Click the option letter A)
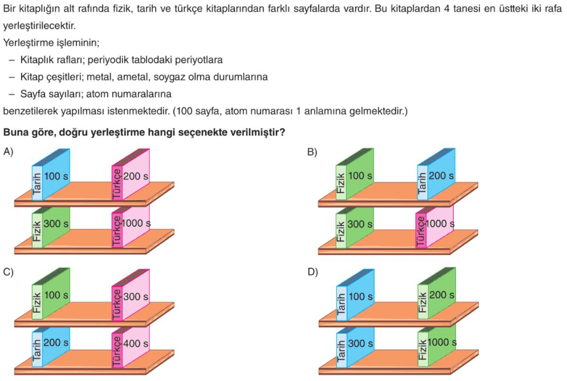(8, 152)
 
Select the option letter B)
(312, 152)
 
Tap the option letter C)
(8, 272)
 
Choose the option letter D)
(313, 272)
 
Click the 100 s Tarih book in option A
(51, 175)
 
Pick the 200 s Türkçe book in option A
(131, 175)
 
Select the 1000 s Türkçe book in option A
(131, 226)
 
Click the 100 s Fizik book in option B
(355, 174)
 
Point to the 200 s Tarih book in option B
(436, 174)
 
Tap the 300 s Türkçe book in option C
(131, 295)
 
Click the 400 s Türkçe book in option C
(131, 346)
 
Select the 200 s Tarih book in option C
(51, 347)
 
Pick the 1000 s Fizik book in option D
(437, 346)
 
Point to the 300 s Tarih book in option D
(355, 347)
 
